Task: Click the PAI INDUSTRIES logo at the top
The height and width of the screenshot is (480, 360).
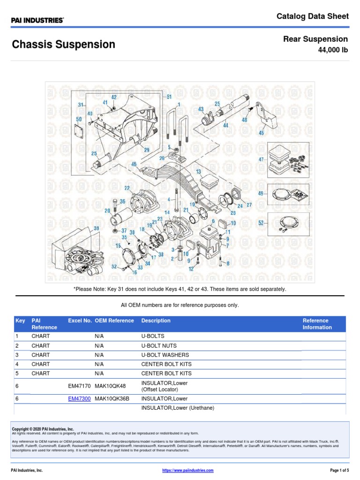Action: tap(37, 20)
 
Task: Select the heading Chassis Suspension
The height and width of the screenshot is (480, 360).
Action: tap(63, 45)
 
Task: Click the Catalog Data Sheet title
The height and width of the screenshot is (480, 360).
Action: tap(313, 16)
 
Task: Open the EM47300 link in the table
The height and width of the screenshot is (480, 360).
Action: tap(79, 399)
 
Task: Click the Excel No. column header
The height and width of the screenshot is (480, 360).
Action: tap(80, 321)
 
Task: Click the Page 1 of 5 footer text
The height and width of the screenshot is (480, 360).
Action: tap(336, 470)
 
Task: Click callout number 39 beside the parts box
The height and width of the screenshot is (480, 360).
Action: tap(97, 228)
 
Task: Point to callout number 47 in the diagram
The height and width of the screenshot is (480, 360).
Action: tap(261, 159)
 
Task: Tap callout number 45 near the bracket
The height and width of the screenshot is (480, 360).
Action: tap(261, 133)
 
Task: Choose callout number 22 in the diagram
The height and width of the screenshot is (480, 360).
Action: tap(127, 188)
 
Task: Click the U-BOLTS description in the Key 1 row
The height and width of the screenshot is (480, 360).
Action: tap(153, 336)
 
